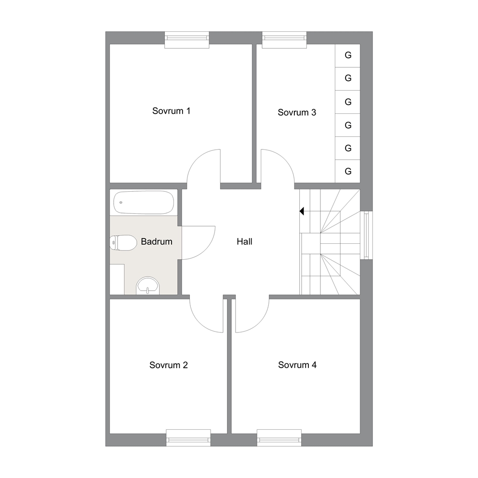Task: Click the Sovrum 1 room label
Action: [172, 111]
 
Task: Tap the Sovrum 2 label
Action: [169, 365]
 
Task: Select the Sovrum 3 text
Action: [297, 112]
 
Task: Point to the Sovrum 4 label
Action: [297, 365]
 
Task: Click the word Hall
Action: [244, 242]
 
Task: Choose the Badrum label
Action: [157, 242]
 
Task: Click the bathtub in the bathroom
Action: [144, 202]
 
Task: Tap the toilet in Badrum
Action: [123, 243]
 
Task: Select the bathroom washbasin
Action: [148, 286]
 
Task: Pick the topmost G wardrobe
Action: [348, 55]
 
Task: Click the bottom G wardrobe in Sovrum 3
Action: [348, 172]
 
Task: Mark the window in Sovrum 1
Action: [187, 40]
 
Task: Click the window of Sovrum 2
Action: [188, 438]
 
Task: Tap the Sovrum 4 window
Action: [279, 438]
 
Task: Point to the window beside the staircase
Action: [366, 235]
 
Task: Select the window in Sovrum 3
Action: [284, 40]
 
